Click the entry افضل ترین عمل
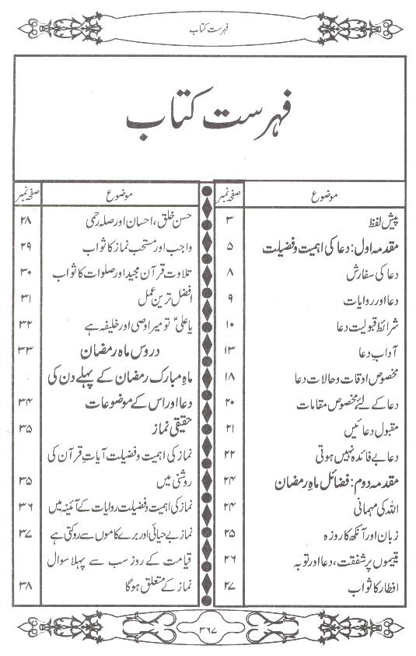(152, 298)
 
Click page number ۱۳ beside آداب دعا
(229, 352)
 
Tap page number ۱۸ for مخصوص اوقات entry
(229, 377)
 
